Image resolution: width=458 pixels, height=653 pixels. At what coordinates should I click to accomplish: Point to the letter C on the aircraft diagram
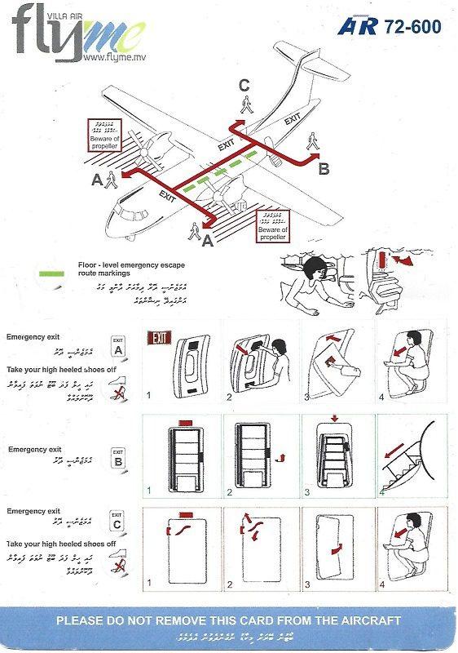click(244, 84)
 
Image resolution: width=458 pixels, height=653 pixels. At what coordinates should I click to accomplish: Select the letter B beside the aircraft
click(324, 169)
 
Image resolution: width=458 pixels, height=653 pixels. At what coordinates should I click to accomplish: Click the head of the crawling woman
click(315, 268)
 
